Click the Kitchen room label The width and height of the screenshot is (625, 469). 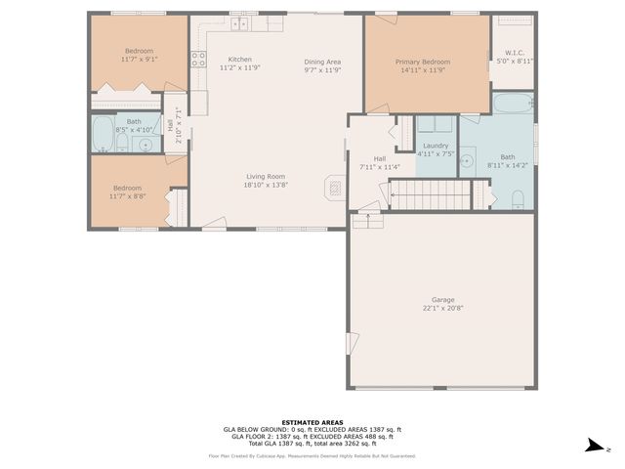[x=239, y=59]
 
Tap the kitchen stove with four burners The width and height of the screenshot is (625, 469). [x=198, y=58]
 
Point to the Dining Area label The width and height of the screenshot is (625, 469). [x=321, y=62]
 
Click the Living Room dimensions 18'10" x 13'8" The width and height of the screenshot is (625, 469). [x=266, y=185]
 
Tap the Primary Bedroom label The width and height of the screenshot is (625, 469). [x=422, y=62]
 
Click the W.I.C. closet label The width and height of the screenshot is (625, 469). [x=515, y=52]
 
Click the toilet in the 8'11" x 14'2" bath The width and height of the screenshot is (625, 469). [x=520, y=200]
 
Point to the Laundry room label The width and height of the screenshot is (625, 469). [x=436, y=146]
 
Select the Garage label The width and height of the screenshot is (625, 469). [x=443, y=300]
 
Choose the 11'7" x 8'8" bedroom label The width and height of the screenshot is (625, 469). [x=127, y=188]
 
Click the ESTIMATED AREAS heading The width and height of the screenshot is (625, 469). [x=312, y=421]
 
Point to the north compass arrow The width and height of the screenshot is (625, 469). [x=592, y=447]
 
